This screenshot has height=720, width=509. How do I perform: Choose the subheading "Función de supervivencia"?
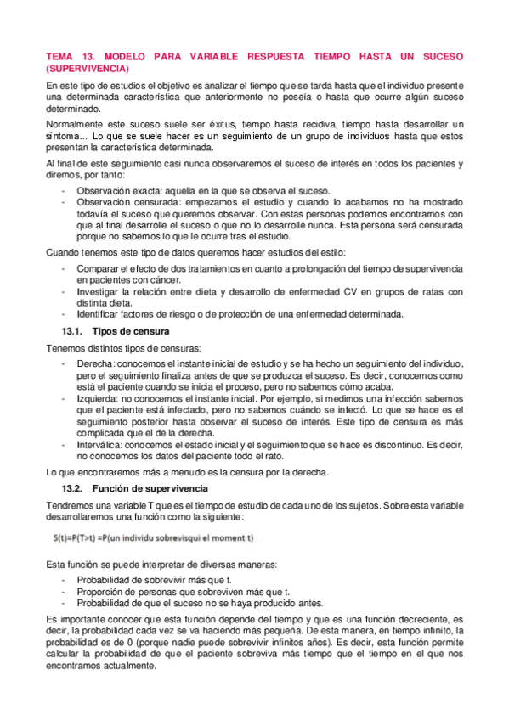tap(149, 489)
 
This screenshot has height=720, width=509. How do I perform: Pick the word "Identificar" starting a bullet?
tap(100, 315)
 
